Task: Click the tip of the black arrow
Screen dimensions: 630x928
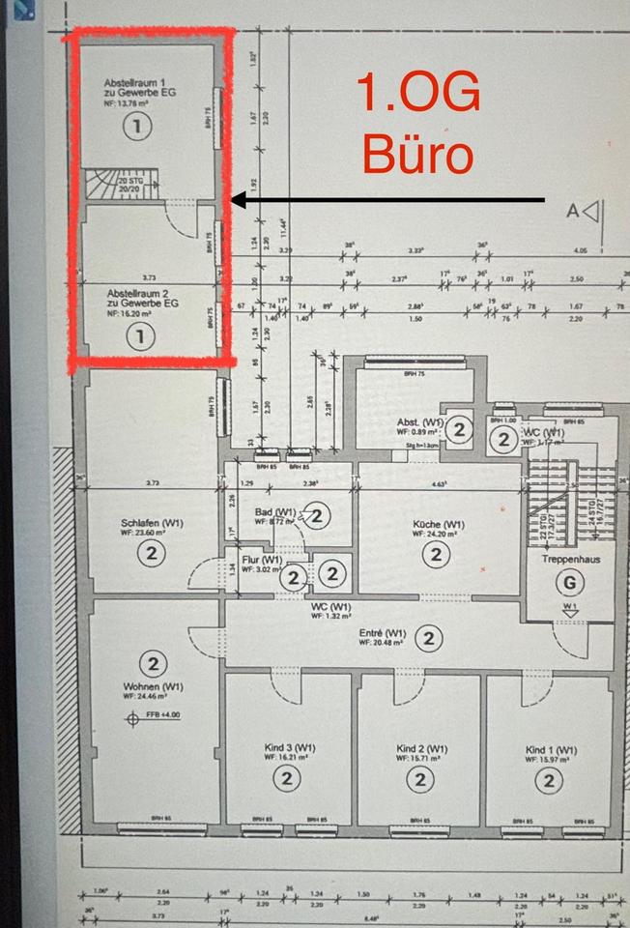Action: coord(235,201)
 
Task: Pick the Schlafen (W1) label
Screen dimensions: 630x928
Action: coord(152,523)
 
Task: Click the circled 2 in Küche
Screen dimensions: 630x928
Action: coord(436,554)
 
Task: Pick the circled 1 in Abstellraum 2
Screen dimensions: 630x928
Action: coord(140,335)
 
